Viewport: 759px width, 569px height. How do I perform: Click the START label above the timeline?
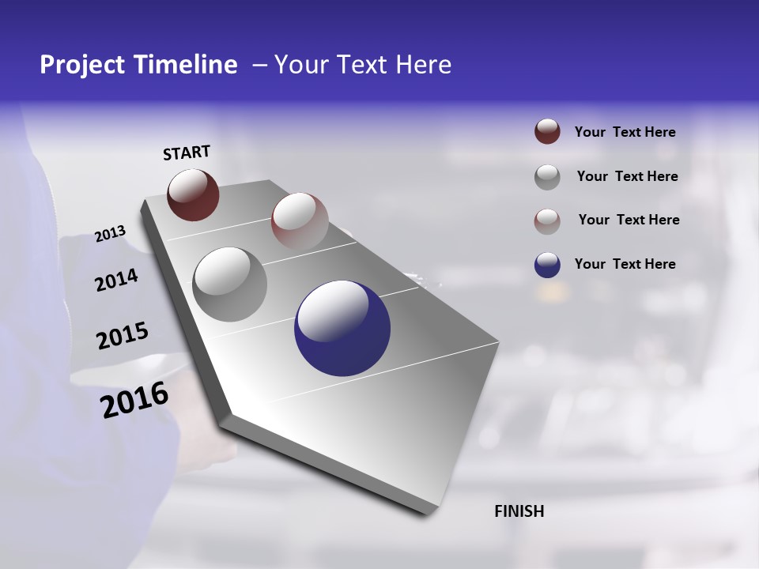187,153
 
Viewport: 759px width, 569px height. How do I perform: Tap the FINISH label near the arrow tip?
519,511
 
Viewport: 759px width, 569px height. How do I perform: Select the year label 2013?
110,234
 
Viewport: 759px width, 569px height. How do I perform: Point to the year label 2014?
116,281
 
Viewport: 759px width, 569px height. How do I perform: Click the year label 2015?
122,336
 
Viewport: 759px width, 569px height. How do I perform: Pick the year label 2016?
134,400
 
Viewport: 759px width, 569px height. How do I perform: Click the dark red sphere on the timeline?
193,194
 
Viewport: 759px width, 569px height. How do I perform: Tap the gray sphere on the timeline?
229,284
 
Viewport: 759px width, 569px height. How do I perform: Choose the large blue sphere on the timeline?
342,328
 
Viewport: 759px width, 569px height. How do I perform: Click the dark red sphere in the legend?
547,132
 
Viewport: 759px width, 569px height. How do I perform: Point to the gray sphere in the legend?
547,177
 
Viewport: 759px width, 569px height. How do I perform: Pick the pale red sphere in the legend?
547,220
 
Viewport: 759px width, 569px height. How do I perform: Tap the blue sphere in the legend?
547,265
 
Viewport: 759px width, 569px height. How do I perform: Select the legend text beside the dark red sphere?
625,133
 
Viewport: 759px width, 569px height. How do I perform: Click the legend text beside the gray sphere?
627,176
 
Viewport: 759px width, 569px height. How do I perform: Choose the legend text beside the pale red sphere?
629,220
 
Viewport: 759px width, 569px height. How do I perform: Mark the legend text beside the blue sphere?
625,264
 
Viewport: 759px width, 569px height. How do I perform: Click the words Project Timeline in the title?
138,65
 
